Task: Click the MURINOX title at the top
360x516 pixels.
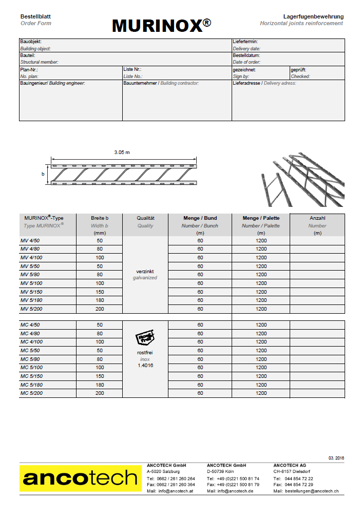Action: [x=161, y=25]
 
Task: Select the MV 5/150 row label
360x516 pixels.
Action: [x=31, y=292]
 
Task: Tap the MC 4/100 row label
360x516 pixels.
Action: [x=31, y=342]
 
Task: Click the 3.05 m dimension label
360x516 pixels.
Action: [x=122, y=152]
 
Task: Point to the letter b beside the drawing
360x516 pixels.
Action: [x=43, y=174]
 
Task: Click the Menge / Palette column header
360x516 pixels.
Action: [x=261, y=218]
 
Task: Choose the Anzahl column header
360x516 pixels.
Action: [x=317, y=218]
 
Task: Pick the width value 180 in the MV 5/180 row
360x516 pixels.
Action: [x=100, y=300]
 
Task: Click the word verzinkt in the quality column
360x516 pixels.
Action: [x=145, y=271]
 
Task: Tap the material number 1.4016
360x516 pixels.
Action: [x=145, y=366]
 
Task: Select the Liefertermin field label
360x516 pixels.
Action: [x=245, y=42]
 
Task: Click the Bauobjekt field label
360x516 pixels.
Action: [x=31, y=42]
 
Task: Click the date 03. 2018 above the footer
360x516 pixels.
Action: [x=336, y=457]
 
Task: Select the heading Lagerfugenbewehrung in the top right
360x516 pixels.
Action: [x=313, y=16]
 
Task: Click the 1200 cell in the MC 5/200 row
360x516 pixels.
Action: [x=261, y=393]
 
